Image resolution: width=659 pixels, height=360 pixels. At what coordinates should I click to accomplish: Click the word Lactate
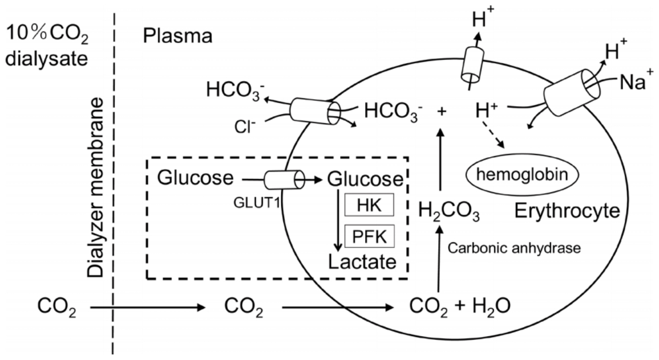point(362,262)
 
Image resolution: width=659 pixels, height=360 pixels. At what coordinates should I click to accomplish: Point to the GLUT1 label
point(257,202)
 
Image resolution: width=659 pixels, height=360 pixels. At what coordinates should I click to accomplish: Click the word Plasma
point(178,36)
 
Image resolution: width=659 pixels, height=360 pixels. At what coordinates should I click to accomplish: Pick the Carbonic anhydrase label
point(514,248)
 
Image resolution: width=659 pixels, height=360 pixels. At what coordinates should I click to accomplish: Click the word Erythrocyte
point(567,211)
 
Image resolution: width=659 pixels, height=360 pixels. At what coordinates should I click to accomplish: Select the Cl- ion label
point(245,127)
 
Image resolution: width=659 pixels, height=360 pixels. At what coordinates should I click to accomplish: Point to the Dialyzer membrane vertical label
point(95,187)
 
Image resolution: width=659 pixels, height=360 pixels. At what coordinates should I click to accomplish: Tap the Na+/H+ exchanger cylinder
point(572,92)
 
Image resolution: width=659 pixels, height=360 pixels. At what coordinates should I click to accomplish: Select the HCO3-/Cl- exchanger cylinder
point(315,111)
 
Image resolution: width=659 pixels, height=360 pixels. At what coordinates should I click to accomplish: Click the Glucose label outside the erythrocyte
point(196,178)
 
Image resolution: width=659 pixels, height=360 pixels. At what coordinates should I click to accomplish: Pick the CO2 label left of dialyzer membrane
point(57,307)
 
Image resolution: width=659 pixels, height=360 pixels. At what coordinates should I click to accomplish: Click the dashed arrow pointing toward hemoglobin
point(493,134)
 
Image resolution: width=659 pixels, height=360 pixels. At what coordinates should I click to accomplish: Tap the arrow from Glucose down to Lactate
point(338,221)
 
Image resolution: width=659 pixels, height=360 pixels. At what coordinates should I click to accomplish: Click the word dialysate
point(47,59)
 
